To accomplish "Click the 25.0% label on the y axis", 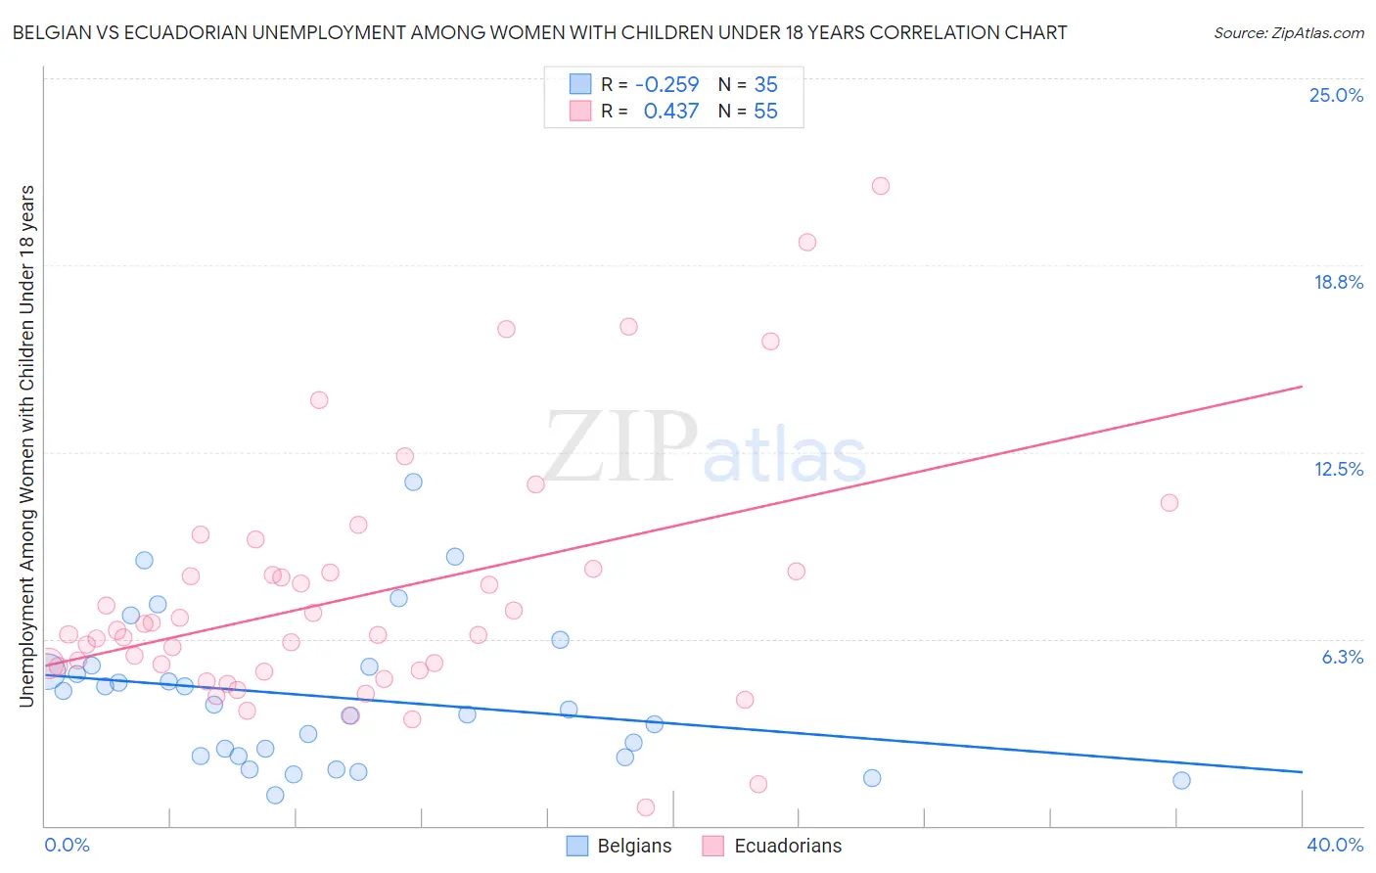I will click(1336, 95).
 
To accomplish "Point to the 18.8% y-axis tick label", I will click(1338, 282).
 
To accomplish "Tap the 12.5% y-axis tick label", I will click(1338, 469).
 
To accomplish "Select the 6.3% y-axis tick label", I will click(1342, 657).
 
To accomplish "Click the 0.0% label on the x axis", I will click(67, 845).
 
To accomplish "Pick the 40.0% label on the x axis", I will click(1334, 845).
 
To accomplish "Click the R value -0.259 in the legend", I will click(666, 84).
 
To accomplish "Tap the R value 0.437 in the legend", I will click(670, 111).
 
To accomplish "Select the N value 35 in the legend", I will click(765, 84).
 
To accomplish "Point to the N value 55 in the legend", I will click(765, 111).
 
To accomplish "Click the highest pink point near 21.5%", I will click(881, 186).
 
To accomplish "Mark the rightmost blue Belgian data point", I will click(1181, 780).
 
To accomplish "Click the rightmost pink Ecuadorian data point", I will click(1169, 503).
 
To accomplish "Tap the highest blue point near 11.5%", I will click(413, 482).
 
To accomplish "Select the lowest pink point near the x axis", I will click(646, 807).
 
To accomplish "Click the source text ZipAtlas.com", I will click(1289, 33).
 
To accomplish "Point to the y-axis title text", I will click(26, 445).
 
